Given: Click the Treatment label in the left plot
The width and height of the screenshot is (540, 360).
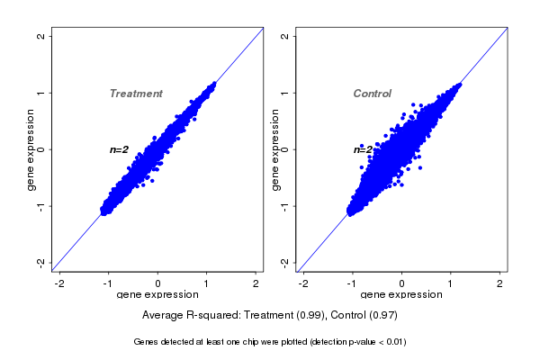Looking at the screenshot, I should click(136, 94).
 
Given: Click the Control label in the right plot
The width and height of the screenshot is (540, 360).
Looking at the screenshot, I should click(372, 94).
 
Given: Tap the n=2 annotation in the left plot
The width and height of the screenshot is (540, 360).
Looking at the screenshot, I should click(119, 149).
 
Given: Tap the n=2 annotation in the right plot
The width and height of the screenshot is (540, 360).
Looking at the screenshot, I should click(363, 149).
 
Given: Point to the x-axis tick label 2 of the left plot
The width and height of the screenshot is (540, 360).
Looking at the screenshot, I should click(256, 283).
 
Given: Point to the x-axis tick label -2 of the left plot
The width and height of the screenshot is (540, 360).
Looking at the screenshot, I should click(59, 283).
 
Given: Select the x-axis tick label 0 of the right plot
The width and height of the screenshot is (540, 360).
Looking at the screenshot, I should click(402, 283).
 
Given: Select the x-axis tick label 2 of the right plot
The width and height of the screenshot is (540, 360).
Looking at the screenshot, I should click(500, 283).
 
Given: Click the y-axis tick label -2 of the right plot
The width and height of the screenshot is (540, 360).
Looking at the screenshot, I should click(285, 262).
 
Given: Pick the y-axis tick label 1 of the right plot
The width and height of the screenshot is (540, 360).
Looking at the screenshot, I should click(285, 93).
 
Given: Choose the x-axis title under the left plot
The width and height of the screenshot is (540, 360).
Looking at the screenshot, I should click(157, 295).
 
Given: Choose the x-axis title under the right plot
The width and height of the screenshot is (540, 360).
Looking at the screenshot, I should click(401, 295).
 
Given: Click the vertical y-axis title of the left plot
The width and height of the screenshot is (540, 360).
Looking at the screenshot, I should click(31, 149).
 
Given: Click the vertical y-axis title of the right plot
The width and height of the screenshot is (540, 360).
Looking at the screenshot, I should click(274, 149).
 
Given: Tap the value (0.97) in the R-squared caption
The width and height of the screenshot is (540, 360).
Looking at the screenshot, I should click(382, 316).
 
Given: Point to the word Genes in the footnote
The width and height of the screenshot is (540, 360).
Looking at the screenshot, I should click(146, 342).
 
